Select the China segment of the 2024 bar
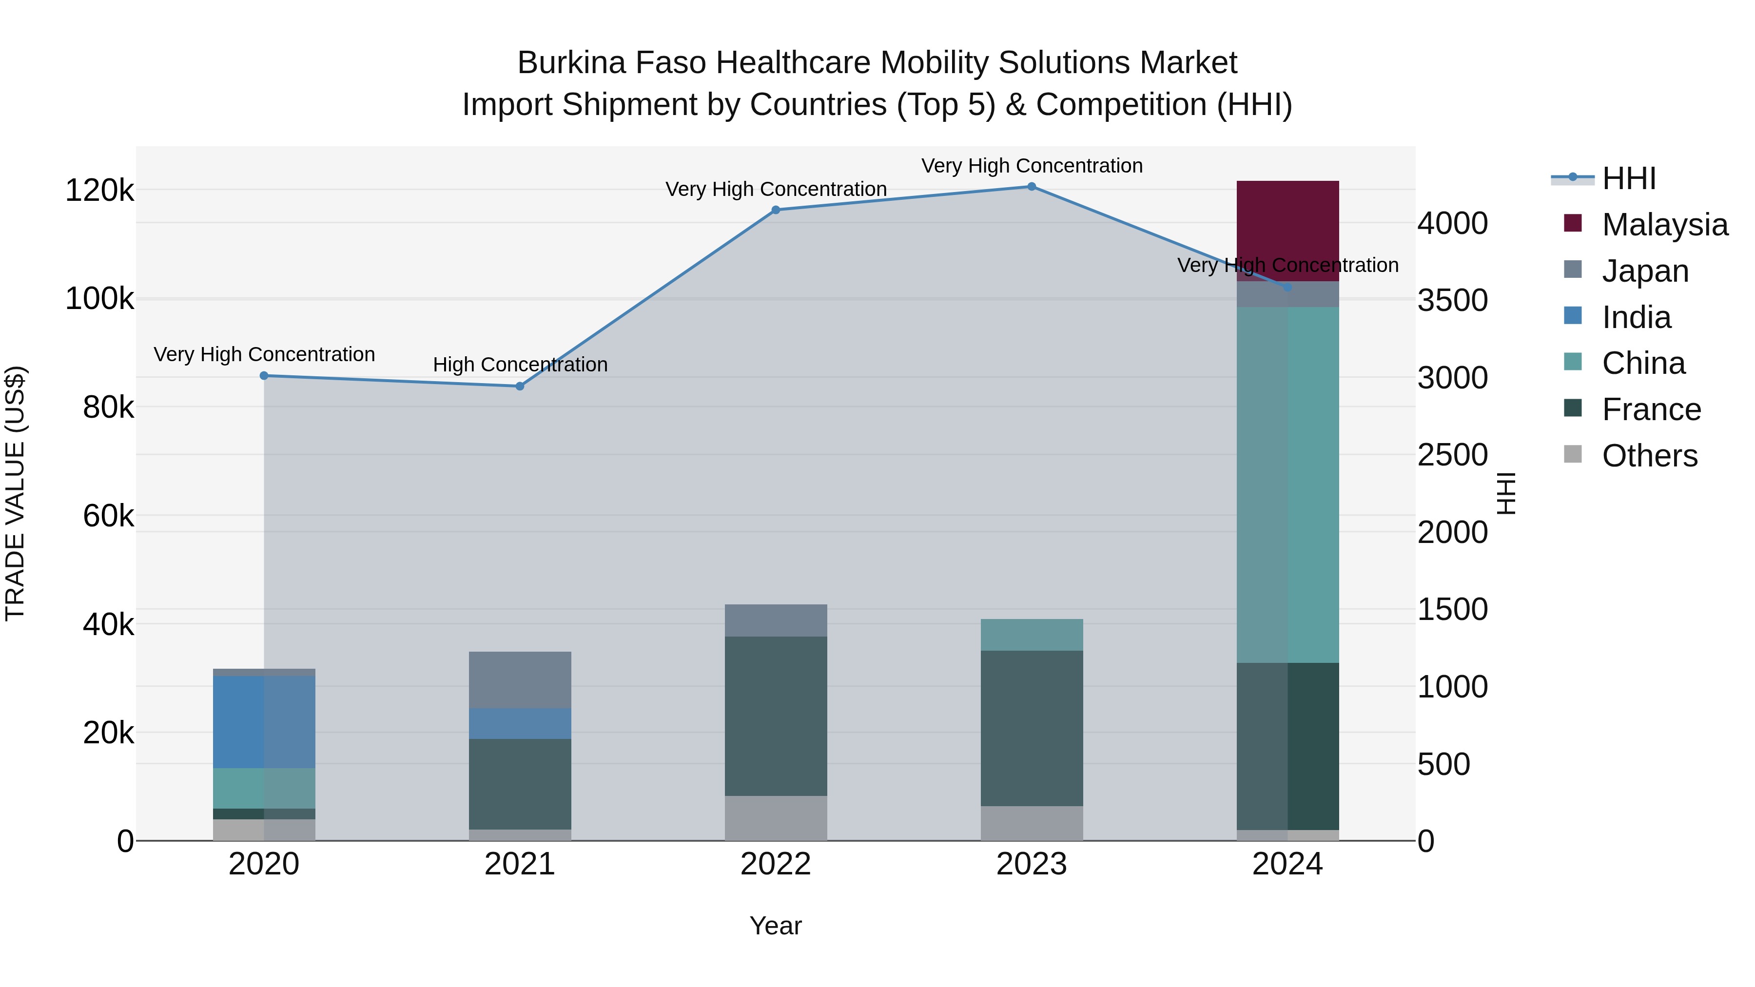(1287, 484)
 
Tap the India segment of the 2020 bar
(264, 721)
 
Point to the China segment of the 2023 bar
(1032, 634)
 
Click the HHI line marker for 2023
(1032, 187)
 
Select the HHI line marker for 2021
(520, 386)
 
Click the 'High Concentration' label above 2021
(520, 365)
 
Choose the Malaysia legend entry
(1664, 225)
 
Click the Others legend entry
(1649, 456)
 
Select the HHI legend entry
(1628, 178)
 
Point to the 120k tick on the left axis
(99, 191)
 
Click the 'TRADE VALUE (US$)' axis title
(15, 493)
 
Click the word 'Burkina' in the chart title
(571, 63)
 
